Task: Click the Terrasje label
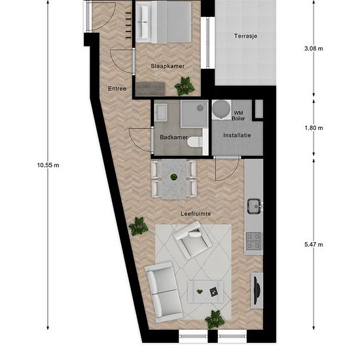245,36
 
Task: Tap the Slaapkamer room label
168,66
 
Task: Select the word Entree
117,88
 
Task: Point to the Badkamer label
173,137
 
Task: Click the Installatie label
237,135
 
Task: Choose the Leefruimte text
196,214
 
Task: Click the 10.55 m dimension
48,165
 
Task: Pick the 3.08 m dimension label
314,48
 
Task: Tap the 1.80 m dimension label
314,128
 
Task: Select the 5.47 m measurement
314,245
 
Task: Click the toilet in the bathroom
195,142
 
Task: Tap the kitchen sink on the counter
255,206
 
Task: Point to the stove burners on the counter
253,241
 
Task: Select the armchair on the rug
193,240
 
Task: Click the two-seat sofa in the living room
164,291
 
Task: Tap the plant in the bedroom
185,86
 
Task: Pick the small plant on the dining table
174,177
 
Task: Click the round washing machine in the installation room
221,109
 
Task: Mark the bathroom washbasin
161,113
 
